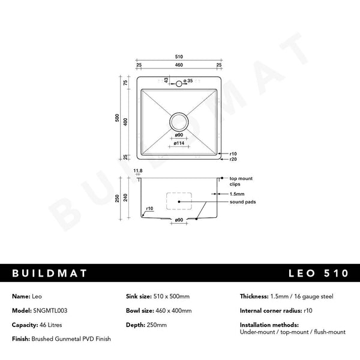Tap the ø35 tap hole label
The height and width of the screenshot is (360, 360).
tap(188, 80)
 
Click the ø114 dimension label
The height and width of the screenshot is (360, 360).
tap(179, 143)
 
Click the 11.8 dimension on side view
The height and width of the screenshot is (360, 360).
tap(138, 171)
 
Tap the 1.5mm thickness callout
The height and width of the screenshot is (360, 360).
tap(236, 194)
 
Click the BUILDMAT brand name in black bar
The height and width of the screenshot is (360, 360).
tap(50, 273)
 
